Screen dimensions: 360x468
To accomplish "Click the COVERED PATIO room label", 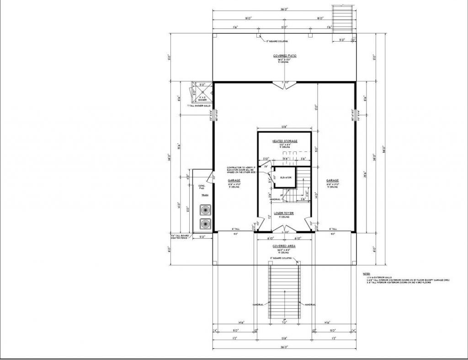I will (x=285, y=55).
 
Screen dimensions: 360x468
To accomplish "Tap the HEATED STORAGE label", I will (x=285, y=141).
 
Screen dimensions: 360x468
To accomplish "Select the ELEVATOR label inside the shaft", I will (x=286, y=177).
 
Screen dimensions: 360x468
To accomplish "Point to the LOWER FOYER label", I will (x=284, y=213).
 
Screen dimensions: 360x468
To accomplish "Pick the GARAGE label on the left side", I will (x=234, y=180).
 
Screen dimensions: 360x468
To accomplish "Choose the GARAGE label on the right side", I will (x=332, y=180).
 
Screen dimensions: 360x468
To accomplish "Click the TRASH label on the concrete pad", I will (x=205, y=195).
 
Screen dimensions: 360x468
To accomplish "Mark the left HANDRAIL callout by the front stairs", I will (x=259, y=304).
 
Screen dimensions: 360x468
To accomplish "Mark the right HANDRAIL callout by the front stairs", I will (x=311, y=304).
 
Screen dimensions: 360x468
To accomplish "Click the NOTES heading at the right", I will (x=366, y=273).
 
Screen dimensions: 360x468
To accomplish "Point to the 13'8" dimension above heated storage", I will (x=284, y=127).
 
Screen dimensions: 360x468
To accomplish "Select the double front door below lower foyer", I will (x=285, y=229).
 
